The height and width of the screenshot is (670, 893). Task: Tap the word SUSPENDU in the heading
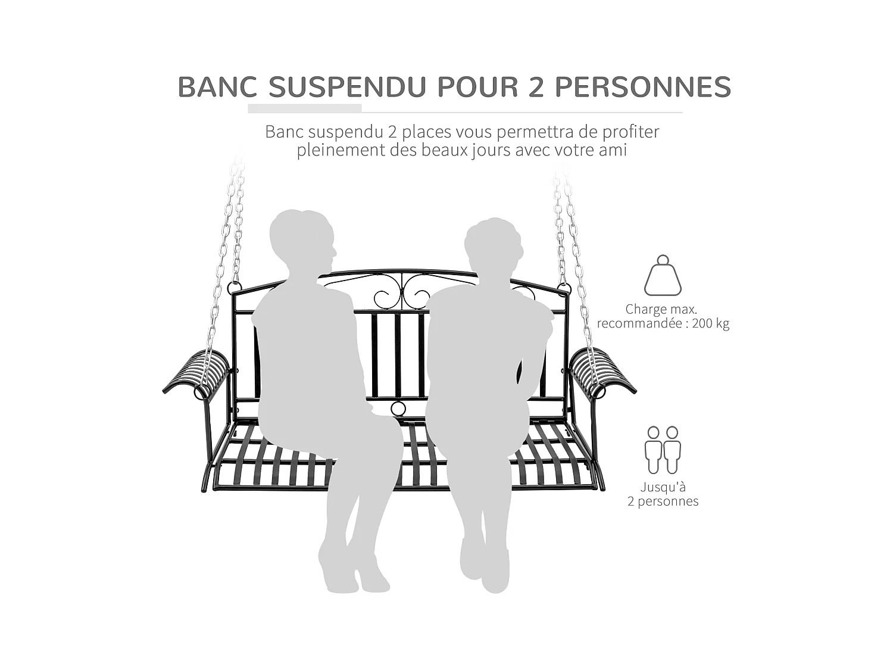347,87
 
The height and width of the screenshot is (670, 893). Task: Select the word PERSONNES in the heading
642,87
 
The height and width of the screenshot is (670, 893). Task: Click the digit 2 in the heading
535,87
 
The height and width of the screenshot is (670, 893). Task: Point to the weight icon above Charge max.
663,275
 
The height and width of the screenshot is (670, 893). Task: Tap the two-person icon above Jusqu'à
663,450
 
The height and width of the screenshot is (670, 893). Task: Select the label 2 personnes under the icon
663,501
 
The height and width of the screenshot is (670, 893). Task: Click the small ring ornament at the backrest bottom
398,409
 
